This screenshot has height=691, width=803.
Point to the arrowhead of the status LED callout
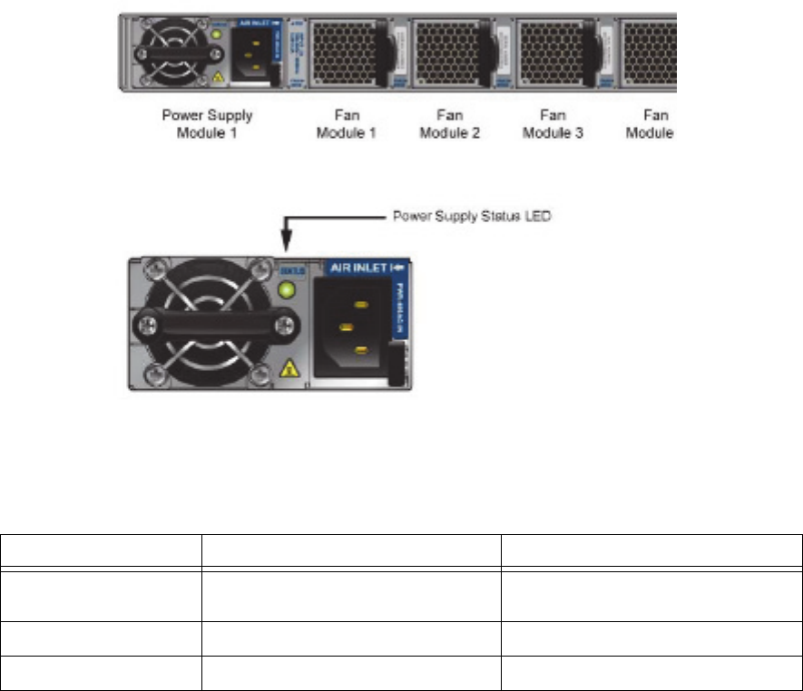coord(287,248)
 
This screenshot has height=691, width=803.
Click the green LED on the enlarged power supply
coord(290,292)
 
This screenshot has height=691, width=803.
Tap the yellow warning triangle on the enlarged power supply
coord(290,367)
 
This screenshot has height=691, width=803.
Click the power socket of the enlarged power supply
coord(349,326)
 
